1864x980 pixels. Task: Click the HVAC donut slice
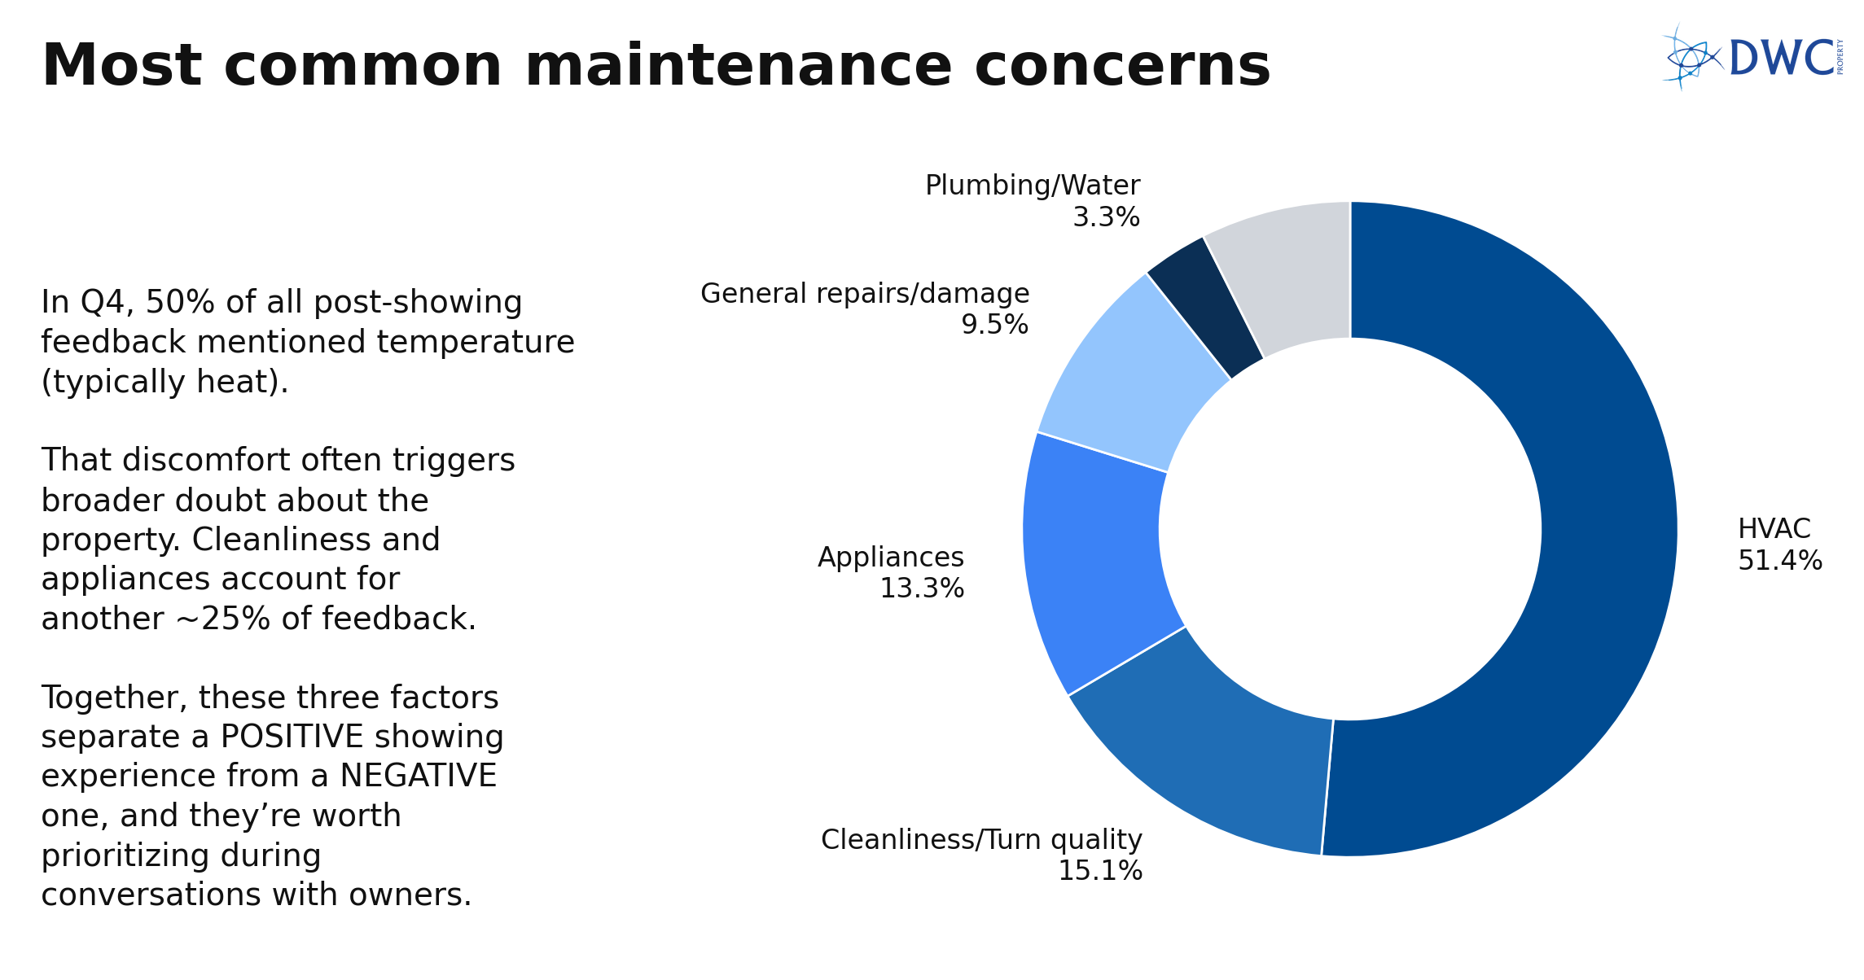(x=1608, y=529)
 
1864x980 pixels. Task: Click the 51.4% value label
(x=1779, y=561)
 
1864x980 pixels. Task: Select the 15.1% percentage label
(x=1099, y=871)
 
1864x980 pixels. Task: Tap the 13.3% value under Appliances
(x=922, y=588)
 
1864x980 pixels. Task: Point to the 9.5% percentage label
(x=994, y=325)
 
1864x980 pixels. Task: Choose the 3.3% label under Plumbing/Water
(x=1106, y=217)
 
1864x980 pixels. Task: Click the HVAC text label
(x=1774, y=529)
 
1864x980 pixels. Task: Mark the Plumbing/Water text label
(x=1033, y=186)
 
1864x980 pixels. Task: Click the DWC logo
(x=1751, y=57)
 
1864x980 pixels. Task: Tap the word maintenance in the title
(x=738, y=67)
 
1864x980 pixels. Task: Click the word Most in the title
(x=121, y=67)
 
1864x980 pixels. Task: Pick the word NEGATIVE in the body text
(x=418, y=777)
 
